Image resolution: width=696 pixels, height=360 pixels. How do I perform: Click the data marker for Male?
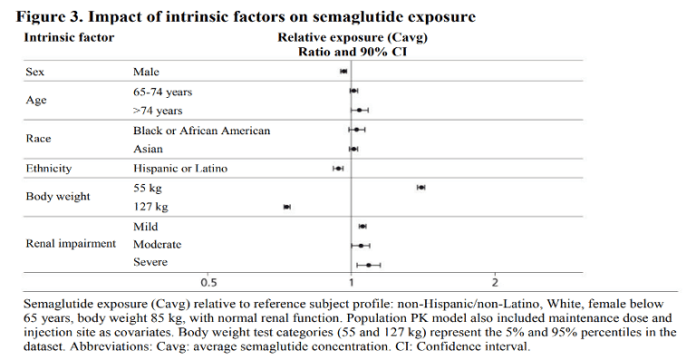pos(343,71)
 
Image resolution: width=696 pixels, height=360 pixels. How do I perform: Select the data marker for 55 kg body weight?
pos(420,187)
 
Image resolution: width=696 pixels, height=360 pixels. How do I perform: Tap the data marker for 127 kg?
pos(287,207)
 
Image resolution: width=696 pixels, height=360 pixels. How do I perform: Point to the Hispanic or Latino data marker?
pos(339,168)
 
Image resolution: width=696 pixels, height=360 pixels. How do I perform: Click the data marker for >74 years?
pos(361,111)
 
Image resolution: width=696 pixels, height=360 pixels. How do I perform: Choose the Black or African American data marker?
pos(356,131)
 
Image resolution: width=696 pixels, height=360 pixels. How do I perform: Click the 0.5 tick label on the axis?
pos(208,279)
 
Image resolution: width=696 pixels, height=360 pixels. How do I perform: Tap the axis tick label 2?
pos(494,279)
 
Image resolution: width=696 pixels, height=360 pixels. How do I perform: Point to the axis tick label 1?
pos(352,279)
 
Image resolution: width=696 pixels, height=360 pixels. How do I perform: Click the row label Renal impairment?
pos(71,245)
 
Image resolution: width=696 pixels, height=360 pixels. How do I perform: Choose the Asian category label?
pos(149,149)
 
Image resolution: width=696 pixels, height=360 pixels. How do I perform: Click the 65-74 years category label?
pos(162,92)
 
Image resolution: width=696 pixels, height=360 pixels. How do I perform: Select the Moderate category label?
pos(157,245)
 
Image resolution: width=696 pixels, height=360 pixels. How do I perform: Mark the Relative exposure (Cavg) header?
pos(352,37)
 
